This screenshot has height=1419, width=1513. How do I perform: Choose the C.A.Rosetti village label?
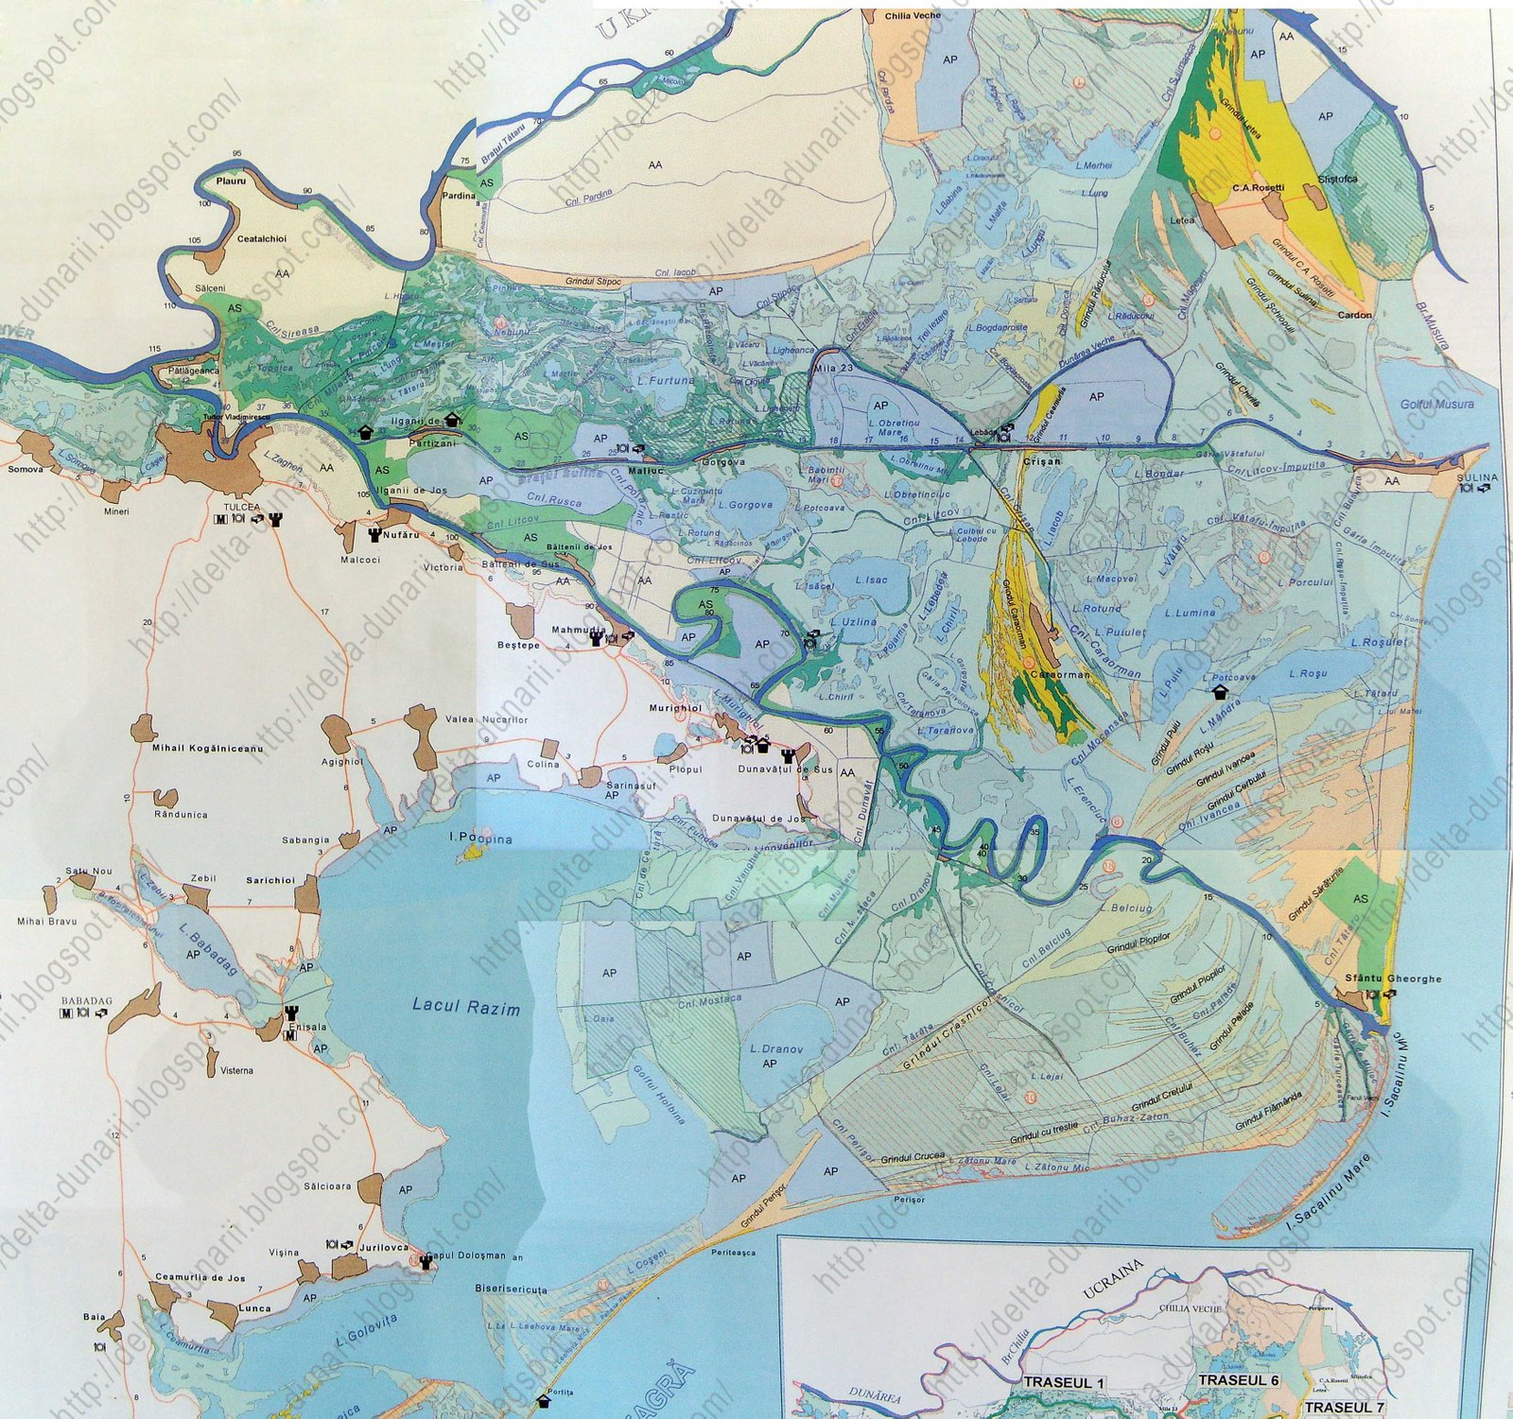pyautogui.click(x=1258, y=188)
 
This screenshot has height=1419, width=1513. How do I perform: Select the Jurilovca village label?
pyautogui.click(x=384, y=1248)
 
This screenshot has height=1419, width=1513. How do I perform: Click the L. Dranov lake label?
pyautogui.click(x=776, y=1049)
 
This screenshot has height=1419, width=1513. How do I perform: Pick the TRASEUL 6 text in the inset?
pyautogui.click(x=1238, y=1380)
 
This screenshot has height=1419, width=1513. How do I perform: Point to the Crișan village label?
pyautogui.click(x=1042, y=461)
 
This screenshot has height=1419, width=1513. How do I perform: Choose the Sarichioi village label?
pyautogui.click(x=270, y=880)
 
